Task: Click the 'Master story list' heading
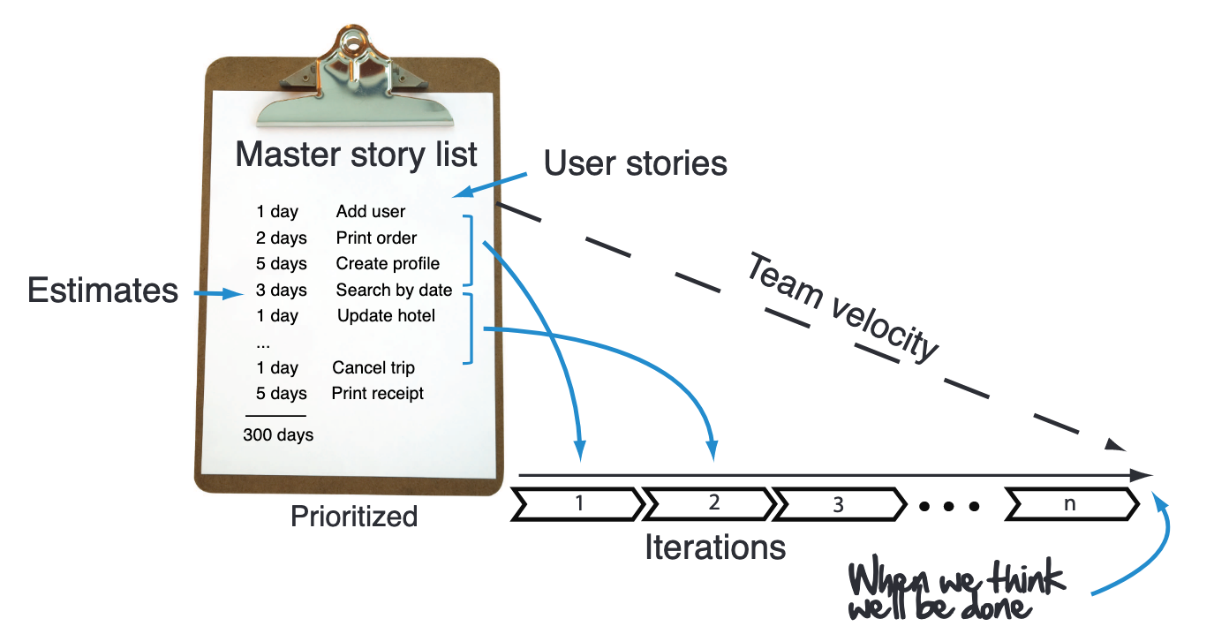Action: (x=356, y=155)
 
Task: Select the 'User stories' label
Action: (x=635, y=162)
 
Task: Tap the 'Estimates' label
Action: (x=102, y=291)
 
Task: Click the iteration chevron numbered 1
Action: (x=579, y=504)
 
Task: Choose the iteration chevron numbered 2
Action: (x=712, y=504)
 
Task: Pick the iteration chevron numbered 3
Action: (x=840, y=505)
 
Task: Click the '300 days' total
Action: (x=278, y=434)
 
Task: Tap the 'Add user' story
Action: (x=370, y=212)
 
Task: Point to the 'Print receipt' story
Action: (x=377, y=394)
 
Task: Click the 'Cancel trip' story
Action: (x=373, y=368)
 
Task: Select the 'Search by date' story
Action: (x=394, y=291)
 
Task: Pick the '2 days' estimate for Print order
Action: (x=282, y=238)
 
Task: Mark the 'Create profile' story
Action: (x=388, y=264)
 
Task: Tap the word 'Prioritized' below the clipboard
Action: (x=354, y=517)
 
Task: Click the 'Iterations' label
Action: (x=714, y=548)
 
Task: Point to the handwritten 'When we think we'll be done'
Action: (x=957, y=591)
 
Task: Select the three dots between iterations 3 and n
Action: (x=949, y=507)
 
